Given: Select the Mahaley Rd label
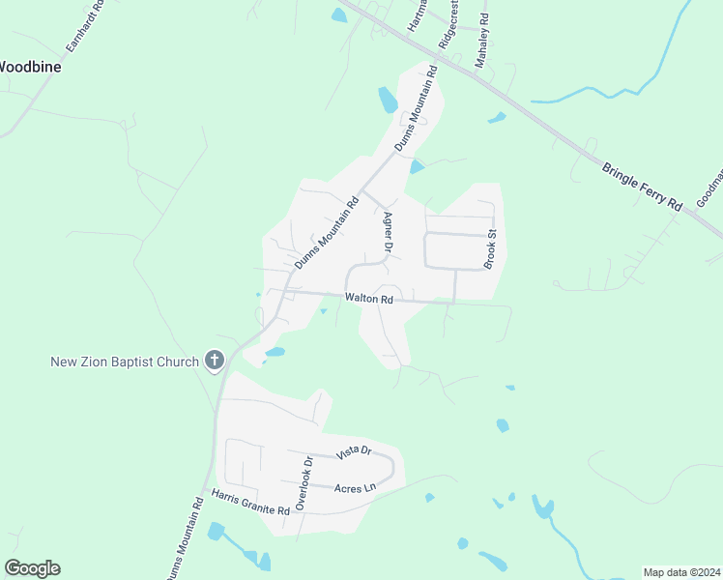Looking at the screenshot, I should [482, 40].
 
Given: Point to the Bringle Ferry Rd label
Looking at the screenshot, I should [642, 187].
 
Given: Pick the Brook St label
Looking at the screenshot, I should [490, 249].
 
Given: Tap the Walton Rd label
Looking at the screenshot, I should [372, 300].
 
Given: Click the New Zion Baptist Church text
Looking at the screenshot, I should [125, 362].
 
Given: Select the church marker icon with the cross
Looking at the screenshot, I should [215, 362].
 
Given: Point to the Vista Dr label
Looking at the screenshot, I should [353, 451].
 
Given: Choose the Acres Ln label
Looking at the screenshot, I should [354, 489].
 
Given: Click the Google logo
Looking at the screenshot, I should [32, 568].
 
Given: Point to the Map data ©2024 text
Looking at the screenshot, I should [680, 572].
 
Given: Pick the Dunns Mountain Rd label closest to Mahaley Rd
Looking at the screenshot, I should [417, 108].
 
